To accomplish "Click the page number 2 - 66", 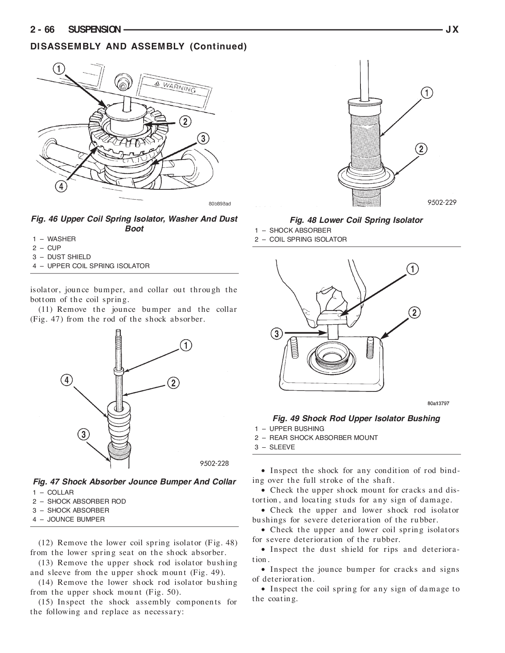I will point(43,30).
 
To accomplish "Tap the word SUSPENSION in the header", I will point(94,30).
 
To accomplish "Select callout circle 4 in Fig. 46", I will point(60,187).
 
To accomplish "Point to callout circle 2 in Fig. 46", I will point(185,121).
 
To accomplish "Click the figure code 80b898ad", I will point(219,203).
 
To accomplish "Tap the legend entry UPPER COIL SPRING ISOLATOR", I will point(98,266).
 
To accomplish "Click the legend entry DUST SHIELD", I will point(69,257).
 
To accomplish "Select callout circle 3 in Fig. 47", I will point(83,435).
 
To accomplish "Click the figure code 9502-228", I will point(214,463).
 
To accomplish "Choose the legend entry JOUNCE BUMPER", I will point(76,520).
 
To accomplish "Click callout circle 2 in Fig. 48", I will point(421,149).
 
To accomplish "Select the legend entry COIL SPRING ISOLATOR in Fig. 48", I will point(308,240).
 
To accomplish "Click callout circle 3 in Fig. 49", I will point(276,334).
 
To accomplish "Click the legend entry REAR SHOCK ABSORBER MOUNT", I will point(323,438).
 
